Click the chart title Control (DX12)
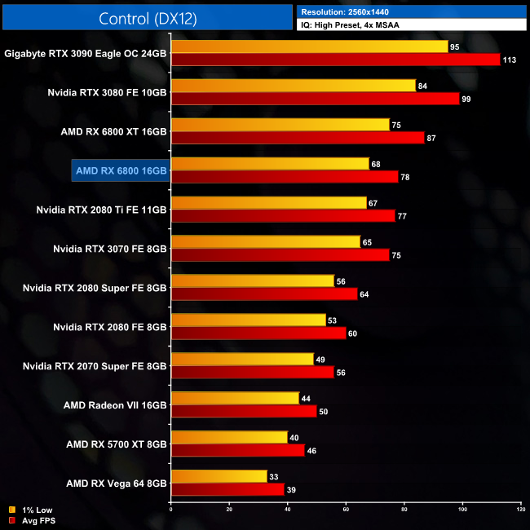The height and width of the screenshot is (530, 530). point(148,18)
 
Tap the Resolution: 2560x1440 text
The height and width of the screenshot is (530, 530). point(349,12)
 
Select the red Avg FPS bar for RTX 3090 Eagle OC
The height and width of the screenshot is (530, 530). point(334,60)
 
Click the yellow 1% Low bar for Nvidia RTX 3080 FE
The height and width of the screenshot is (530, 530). point(293,86)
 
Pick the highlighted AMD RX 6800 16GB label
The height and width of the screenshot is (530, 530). point(121,170)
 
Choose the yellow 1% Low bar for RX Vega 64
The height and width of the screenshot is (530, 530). point(219,476)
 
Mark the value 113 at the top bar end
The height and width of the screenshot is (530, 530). point(511,60)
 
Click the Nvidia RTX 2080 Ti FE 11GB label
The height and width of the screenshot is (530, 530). point(102,210)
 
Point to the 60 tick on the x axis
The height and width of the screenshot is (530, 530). point(346,511)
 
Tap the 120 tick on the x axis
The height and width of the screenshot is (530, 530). point(520,511)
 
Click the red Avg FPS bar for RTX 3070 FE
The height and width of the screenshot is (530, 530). point(280,255)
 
